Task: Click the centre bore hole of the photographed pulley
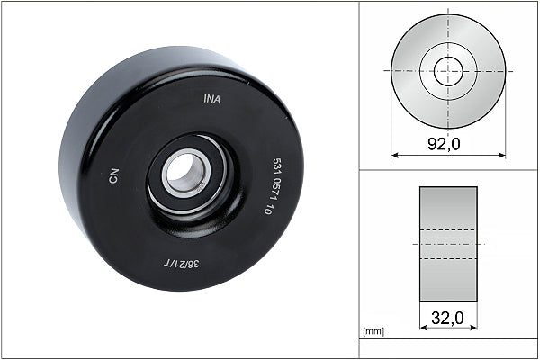point(186,171)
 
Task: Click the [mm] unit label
point(373,332)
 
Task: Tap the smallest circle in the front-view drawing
point(448,71)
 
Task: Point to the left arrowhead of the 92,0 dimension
point(394,154)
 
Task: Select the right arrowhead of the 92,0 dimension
point(502,154)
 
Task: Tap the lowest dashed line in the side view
point(448,260)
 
